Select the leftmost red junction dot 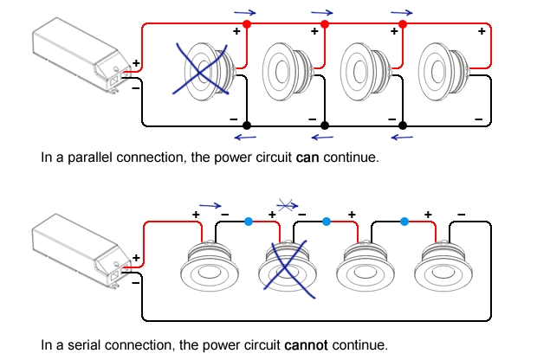(x=246, y=24)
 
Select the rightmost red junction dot (x=403, y=24)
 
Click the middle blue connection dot (x=326, y=222)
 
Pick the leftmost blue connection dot (x=249, y=222)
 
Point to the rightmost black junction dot (x=401, y=125)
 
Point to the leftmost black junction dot (x=246, y=125)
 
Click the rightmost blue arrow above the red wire (x=401, y=13)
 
